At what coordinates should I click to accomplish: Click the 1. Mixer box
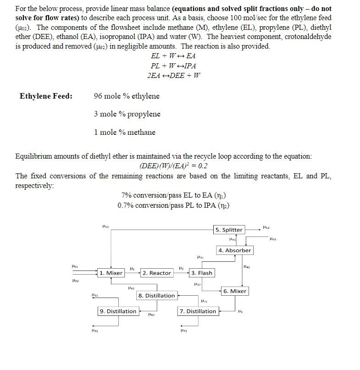[111, 273]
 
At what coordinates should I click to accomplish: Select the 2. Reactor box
[156, 273]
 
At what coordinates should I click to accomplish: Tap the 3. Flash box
[202, 273]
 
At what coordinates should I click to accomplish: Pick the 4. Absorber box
[234, 250]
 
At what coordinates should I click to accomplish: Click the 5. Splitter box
[229, 230]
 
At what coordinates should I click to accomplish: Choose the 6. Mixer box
[235, 291]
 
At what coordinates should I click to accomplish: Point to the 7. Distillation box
[198, 311]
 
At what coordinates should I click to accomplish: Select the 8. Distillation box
[156, 296]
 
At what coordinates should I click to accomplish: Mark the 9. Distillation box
[118, 311]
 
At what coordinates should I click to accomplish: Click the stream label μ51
[105, 226]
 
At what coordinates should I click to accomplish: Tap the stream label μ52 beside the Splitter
[266, 227]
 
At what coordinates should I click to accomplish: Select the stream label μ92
[94, 330]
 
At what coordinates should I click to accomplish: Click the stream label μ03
[273, 238]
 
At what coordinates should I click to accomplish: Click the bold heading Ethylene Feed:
[46, 96]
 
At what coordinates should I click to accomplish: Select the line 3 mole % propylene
[127, 114]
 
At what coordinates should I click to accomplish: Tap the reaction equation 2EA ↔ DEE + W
[174, 76]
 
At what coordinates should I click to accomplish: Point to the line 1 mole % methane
[124, 133]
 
